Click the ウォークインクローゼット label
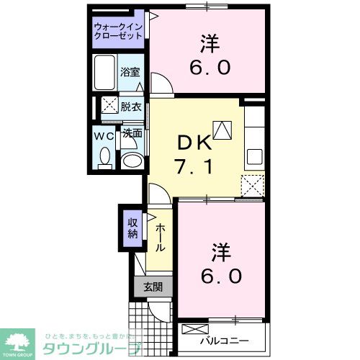click(x=119, y=32)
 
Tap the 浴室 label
click(x=130, y=73)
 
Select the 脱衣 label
click(x=131, y=106)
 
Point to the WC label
click(x=102, y=134)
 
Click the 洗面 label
click(x=131, y=134)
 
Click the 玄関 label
click(x=153, y=287)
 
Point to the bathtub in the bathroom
click(x=104, y=71)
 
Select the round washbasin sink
click(x=130, y=160)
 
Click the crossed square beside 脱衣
click(x=109, y=106)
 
